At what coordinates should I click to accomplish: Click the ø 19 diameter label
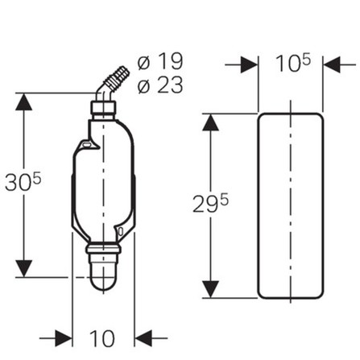click(160, 61)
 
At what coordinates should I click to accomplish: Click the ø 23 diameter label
click(160, 85)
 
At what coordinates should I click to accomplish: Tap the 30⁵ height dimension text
click(23, 182)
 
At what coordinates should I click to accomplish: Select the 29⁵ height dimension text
click(210, 204)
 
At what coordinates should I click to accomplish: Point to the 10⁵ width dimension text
click(293, 63)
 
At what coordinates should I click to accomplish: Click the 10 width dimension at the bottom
click(102, 338)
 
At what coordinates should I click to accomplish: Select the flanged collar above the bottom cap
click(103, 249)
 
